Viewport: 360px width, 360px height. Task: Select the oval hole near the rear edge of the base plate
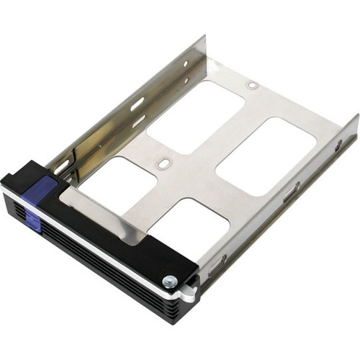pyautogui.click(x=252, y=85)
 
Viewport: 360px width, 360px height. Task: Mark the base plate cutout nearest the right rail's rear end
pyautogui.click(x=266, y=156)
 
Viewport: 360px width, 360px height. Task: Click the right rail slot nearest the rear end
pyautogui.click(x=338, y=146)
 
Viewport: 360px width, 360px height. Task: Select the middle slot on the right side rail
pyautogui.click(x=291, y=192)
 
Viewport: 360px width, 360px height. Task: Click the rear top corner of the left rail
pyautogui.click(x=204, y=37)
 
